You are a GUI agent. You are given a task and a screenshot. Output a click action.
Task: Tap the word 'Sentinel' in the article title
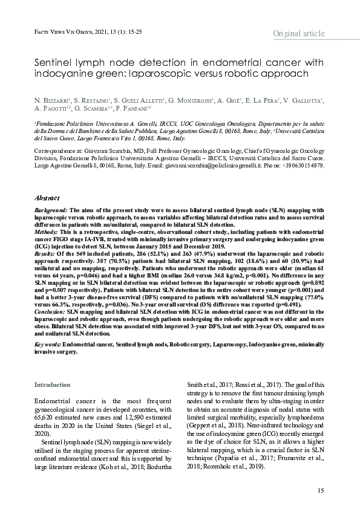coord(53,63)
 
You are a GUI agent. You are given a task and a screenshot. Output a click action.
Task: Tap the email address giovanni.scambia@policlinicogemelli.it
coord(238,165)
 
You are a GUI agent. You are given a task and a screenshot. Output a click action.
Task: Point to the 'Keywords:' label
coord(48,343)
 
